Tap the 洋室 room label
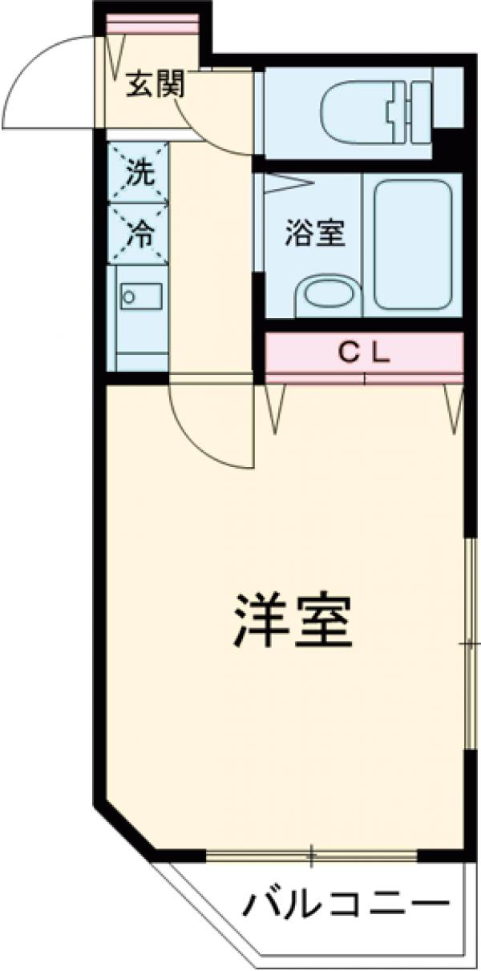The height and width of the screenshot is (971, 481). click(x=292, y=622)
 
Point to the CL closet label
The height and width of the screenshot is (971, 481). click(x=363, y=353)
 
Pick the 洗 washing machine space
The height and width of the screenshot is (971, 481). click(x=139, y=173)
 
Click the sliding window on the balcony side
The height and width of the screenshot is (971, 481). click(x=311, y=855)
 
